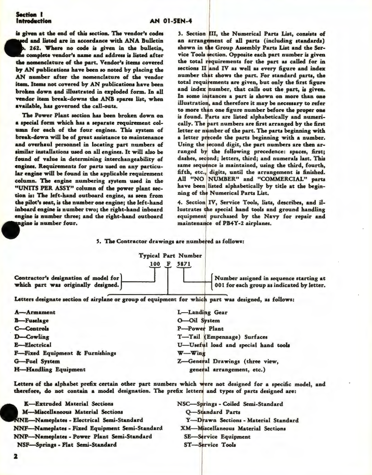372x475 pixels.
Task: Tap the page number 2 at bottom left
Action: click(x=15, y=465)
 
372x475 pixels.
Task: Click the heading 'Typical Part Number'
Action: click(x=170, y=255)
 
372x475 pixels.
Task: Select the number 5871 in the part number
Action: click(x=184, y=264)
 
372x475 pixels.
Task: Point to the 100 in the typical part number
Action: click(x=155, y=264)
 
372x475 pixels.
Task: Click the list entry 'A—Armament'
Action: click(x=35, y=312)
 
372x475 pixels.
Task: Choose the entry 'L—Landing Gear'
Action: click(x=202, y=312)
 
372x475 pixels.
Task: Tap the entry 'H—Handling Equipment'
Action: click(x=50, y=369)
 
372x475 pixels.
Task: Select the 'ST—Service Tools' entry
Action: click(x=210, y=445)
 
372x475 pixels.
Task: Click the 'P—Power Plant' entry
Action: click(x=200, y=329)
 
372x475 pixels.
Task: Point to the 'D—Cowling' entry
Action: click(x=32, y=337)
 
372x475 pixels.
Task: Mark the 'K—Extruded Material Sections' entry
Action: click(x=68, y=404)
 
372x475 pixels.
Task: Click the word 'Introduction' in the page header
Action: click(x=34, y=21)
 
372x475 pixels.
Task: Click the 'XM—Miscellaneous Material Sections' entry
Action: click(x=233, y=429)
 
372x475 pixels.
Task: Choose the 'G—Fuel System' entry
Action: click(x=37, y=361)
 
